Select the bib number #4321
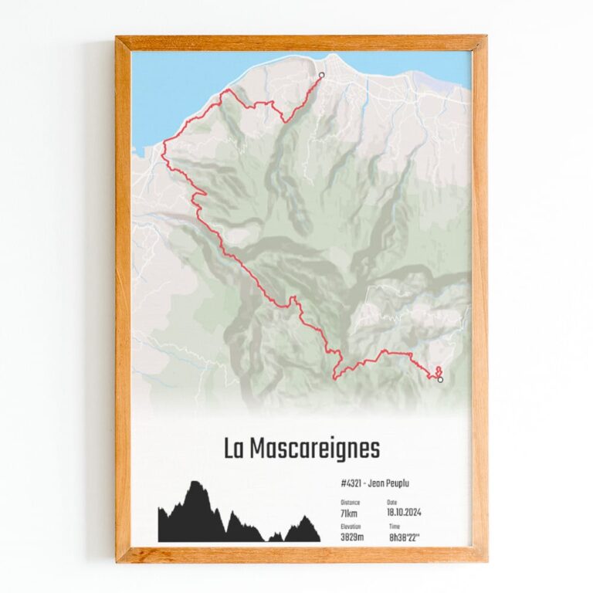tap(351, 484)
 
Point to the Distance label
tap(350, 502)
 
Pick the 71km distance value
tap(349, 513)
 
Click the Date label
tap(393, 502)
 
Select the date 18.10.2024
tap(404, 513)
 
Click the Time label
tap(394, 526)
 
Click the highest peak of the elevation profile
tap(196, 483)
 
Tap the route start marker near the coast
tap(321, 75)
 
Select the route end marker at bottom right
tap(440, 379)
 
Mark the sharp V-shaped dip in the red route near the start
tap(286, 120)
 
